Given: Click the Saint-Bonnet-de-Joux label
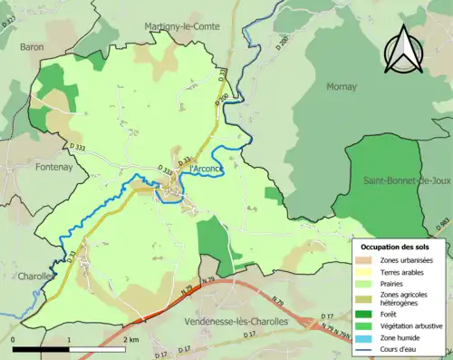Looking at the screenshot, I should coord(407,181).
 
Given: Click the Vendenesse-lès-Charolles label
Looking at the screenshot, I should coord(234,322).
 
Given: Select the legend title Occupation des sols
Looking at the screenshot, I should coord(396,247).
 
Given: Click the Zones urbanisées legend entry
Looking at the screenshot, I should coord(407,261).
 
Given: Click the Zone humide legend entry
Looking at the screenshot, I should coord(401,337).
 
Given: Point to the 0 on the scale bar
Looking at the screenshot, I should coord(14,340).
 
